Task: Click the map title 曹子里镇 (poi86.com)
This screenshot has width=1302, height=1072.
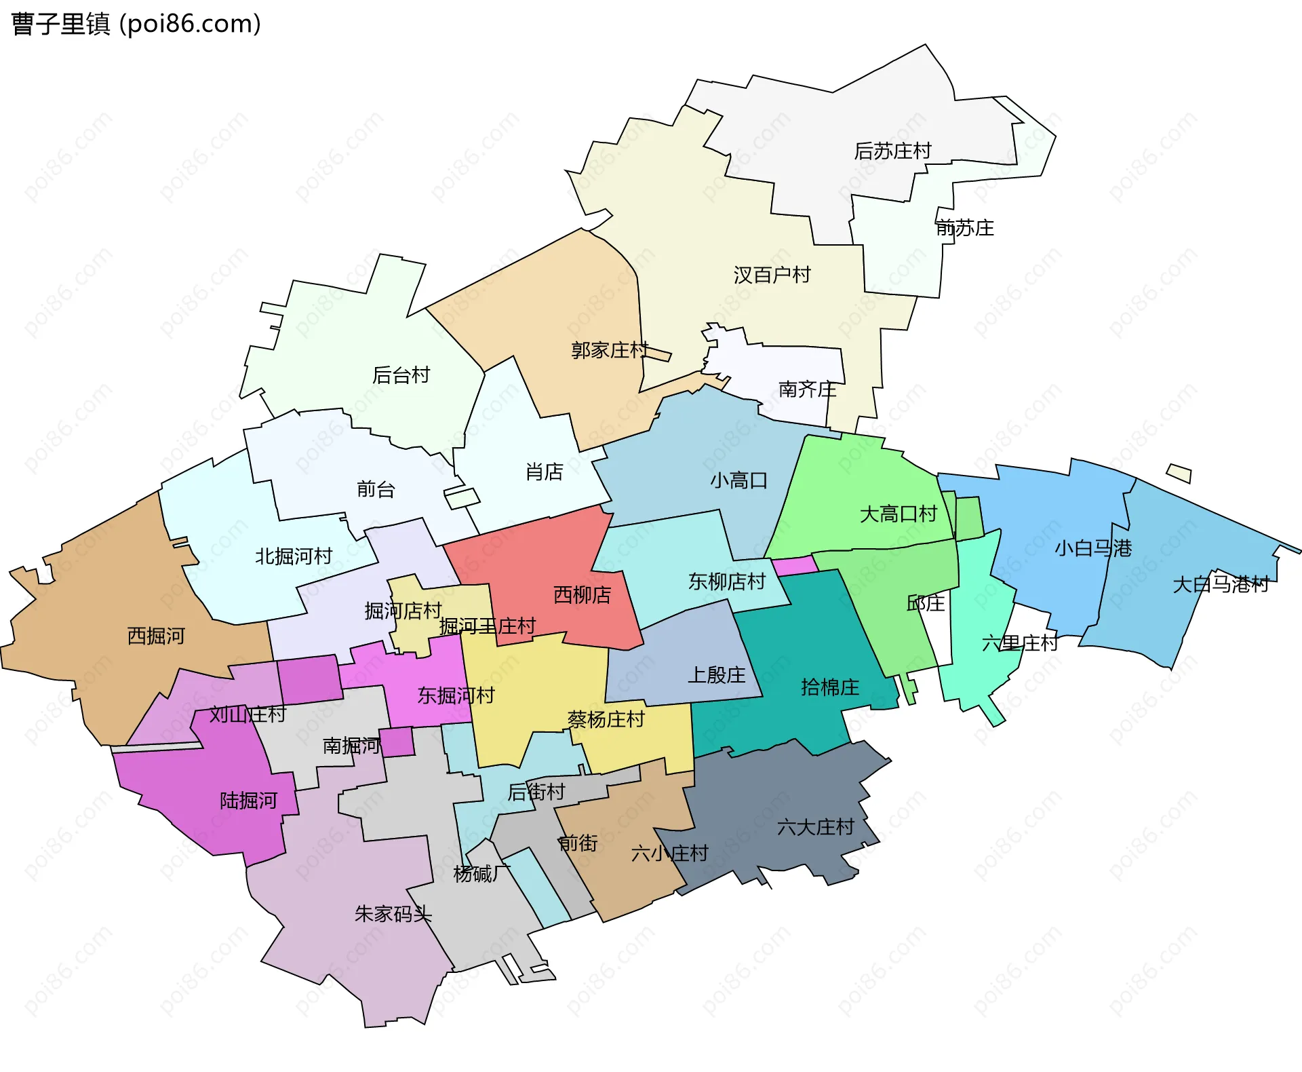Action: pyautogui.click(x=136, y=24)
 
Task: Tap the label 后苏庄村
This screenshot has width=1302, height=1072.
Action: pyautogui.click(x=892, y=151)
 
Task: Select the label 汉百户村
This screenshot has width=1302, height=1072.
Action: pyautogui.click(x=772, y=275)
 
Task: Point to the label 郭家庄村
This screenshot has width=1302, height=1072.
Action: pyautogui.click(x=610, y=350)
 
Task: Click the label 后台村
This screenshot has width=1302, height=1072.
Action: pyautogui.click(x=401, y=375)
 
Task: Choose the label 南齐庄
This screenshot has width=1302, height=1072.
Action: pyautogui.click(x=807, y=389)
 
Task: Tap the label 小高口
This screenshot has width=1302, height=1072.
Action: pyautogui.click(x=738, y=480)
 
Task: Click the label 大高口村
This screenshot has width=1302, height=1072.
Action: pyautogui.click(x=898, y=514)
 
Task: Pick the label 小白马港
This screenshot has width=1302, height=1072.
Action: pyautogui.click(x=1092, y=548)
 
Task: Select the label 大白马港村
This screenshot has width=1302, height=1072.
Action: pyautogui.click(x=1221, y=584)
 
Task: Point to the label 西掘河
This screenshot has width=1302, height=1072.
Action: pyautogui.click(x=156, y=636)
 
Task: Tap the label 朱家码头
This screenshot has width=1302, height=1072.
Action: pyautogui.click(x=393, y=914)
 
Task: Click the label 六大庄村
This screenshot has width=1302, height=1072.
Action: pyautogui.click(x=815, y=827)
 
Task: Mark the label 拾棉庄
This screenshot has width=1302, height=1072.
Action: pyautogui.click(x=829, y=687)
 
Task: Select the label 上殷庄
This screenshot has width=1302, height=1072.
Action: pyautogui.click(x=716, y=674)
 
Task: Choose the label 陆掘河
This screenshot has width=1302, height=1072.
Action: pyautogui.click(x=248, y=801)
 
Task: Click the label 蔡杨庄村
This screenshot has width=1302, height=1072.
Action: pyautogui.click(x=606, y=719)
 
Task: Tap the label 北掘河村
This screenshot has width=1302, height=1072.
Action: pyautogui.click(x=293, y=556)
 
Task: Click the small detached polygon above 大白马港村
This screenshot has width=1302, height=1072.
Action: pyautogui.click(x=1179, y=474)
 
